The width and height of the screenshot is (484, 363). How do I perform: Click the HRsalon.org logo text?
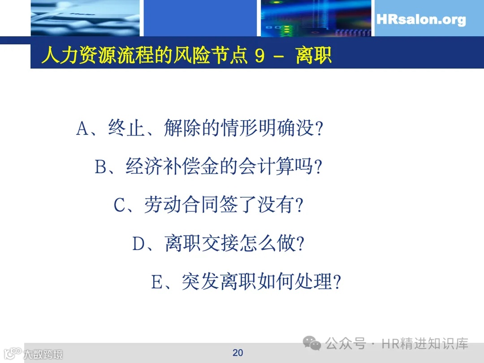pos(421,20)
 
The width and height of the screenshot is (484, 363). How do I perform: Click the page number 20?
pos(238,353)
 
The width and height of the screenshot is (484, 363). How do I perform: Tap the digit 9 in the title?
pos(259,56)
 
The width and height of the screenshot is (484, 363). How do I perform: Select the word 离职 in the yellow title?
pos(313,56)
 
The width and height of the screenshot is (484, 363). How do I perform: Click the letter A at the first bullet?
pos(83,129)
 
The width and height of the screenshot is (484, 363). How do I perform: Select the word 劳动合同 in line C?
pos(181,206)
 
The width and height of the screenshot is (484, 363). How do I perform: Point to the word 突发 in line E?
pos(200,283)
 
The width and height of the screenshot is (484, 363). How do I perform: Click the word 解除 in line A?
pos(182,129)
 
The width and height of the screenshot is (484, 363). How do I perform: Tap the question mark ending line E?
pos(337,283)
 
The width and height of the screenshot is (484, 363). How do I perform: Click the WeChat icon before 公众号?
pos(312,344)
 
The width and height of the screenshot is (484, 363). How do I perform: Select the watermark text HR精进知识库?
pos(425,344)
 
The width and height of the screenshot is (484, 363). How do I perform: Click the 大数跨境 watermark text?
pos(43,354)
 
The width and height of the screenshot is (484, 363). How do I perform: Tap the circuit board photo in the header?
pos(316,18)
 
